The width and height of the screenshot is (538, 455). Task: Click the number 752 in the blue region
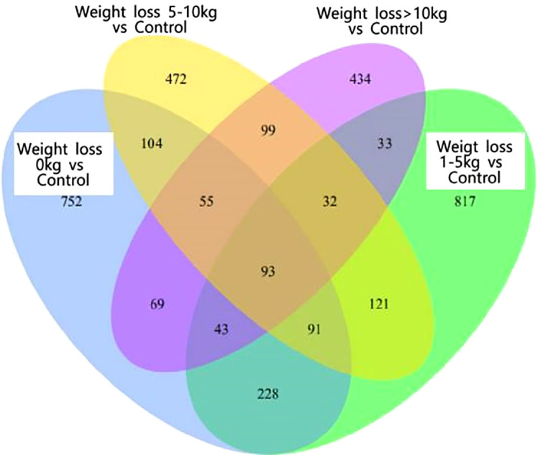coord(73,202)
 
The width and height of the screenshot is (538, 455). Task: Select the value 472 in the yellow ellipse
coord(175,79)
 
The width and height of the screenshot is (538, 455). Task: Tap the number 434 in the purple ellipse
coord(358,79)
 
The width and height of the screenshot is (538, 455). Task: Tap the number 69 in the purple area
coord(159,304)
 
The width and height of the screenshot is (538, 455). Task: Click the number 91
coord(314,331)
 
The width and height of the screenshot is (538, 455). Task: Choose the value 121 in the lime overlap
coord(376,304)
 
